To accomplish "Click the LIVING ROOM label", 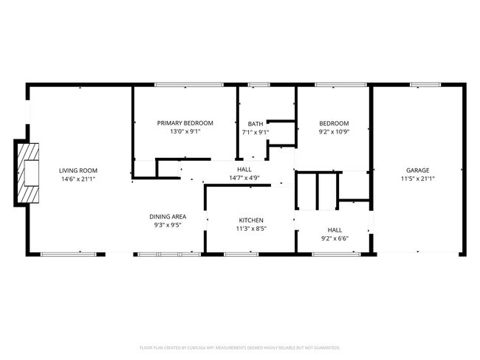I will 78,170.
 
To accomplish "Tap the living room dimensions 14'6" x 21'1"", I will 78,179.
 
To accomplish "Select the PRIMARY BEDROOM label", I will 185,123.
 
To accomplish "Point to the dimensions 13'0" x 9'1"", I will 185,132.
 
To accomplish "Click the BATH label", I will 256,124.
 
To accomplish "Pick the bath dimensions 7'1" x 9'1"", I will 256,133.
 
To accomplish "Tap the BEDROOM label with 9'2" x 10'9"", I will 334,123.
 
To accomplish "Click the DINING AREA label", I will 168,216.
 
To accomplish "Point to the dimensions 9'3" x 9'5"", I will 168,225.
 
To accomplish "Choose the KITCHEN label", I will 251,221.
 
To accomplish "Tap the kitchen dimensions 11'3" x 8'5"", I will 251,229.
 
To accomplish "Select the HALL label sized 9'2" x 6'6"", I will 335,229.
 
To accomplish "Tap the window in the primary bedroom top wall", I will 189,84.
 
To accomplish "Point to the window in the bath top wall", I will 258,84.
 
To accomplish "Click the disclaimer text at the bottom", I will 240,347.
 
